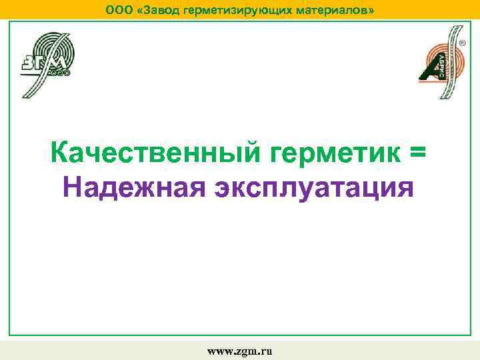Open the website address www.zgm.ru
tap(240, 350)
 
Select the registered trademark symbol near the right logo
tap(462, 42)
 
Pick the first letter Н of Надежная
tap(72, 187)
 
